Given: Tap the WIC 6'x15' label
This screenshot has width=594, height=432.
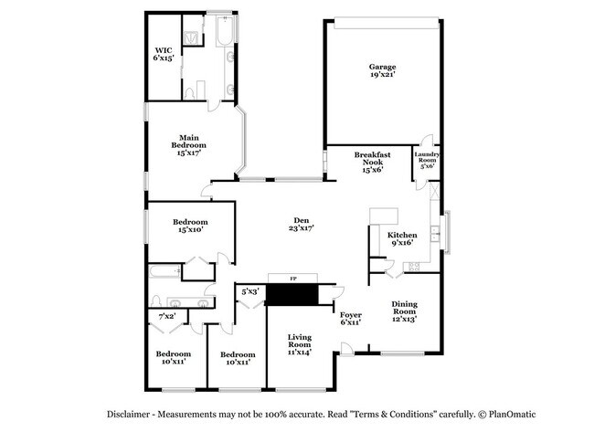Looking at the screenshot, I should tap(163, 53).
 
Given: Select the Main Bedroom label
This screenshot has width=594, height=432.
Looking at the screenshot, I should tap(189, 145).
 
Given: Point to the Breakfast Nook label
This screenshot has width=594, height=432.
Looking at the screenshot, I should tap(371, 162).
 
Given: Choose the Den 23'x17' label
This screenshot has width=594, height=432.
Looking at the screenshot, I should tap(301, 224).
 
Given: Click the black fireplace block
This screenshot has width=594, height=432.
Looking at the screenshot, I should tap(292, 294).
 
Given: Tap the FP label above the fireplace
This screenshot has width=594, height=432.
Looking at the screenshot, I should tap(293, 277).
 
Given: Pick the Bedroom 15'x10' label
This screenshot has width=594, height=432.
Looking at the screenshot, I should tap(191, 226).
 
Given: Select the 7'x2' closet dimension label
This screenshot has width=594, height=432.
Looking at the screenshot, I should tap(167, 316).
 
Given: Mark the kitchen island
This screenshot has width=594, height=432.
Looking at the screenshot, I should tap(384, 216).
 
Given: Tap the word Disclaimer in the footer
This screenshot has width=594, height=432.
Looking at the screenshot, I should tap(133, 414).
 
